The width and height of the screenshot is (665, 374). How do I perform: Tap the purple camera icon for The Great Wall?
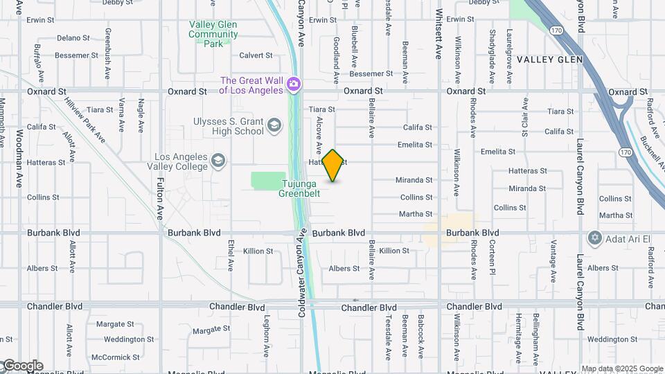tap(294, 84)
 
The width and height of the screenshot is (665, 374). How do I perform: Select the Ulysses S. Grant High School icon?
tap(274, 125)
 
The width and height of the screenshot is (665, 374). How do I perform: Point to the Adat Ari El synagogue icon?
tap(594, 238)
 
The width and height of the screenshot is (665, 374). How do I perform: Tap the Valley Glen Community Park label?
tap(213, 33)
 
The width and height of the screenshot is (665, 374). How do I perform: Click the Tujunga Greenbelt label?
tap(299, 188)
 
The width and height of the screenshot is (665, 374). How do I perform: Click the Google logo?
tap(22, 366)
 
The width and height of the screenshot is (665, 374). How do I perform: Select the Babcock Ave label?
tap(420, 337)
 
